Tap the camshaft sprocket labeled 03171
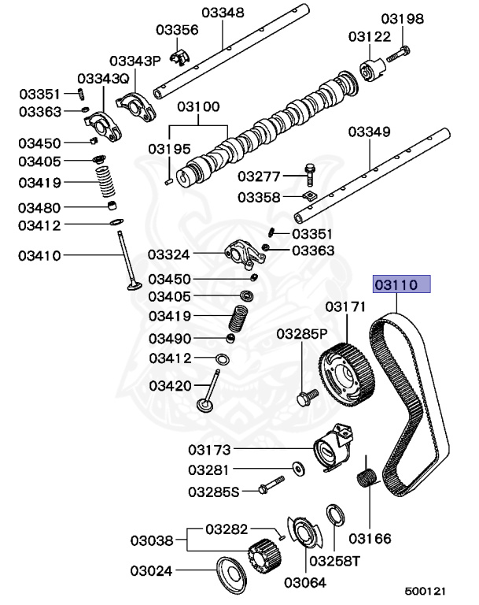345,369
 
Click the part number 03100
197,106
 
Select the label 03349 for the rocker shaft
369,132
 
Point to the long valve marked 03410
127,260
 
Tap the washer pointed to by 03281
298,470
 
